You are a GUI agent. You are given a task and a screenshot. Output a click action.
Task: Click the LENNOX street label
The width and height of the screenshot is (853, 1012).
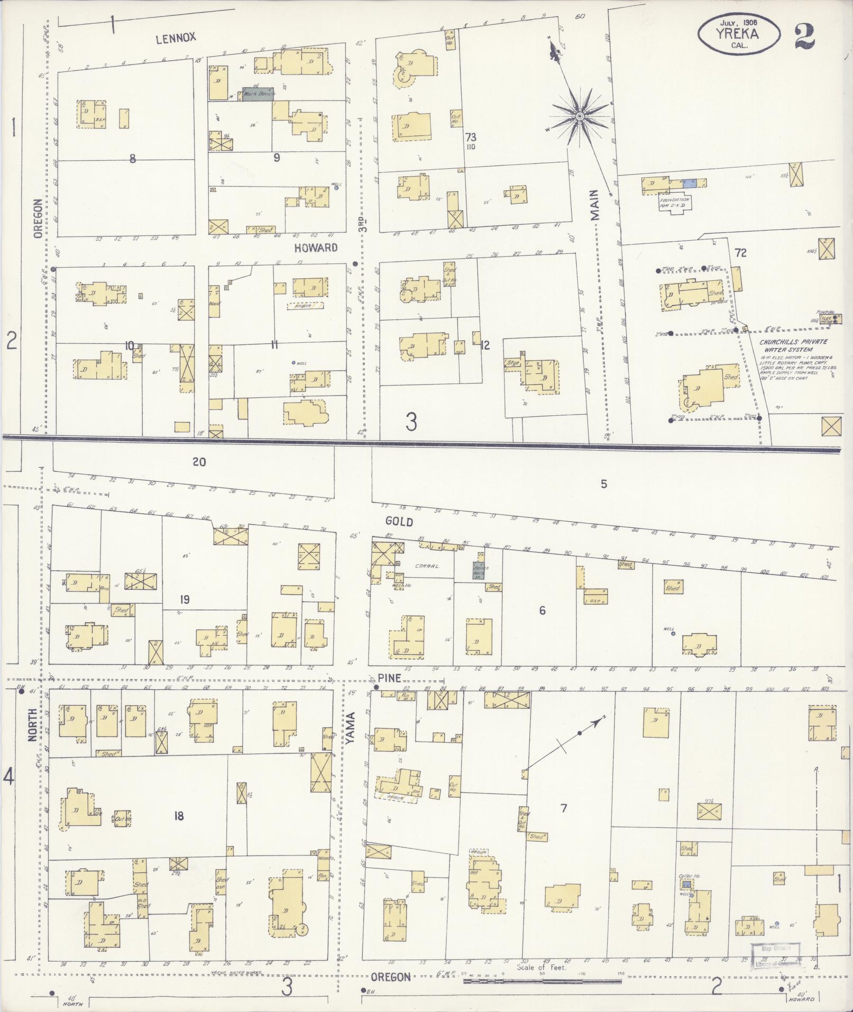coord(176,37)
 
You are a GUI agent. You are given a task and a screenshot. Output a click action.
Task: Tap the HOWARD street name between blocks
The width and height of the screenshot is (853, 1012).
coord(316,248)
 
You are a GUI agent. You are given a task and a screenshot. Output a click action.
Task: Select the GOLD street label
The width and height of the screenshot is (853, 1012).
coord(399,521)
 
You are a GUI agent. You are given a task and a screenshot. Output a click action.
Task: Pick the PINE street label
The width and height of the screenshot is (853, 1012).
coord(389,678)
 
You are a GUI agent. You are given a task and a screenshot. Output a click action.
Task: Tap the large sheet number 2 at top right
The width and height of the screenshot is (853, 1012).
coord(804,36)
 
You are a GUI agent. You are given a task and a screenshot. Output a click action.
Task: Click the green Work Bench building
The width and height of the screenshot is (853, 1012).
coord(258,94)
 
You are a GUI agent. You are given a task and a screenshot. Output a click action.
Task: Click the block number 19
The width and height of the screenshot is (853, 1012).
coord(184,599)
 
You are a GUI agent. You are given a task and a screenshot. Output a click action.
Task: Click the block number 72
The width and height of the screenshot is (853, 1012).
coord(740,253)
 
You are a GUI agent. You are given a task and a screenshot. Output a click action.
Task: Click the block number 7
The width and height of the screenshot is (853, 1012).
coord(564,808)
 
